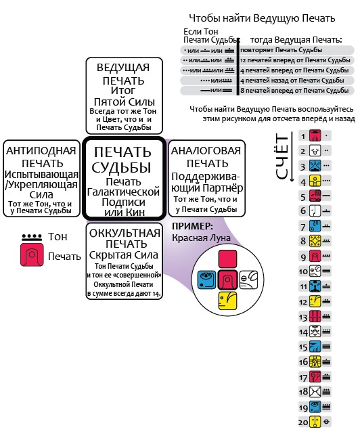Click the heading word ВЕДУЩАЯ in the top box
(123, 68)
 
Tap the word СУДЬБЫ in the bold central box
(122, 167)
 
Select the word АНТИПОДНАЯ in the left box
(41, 151)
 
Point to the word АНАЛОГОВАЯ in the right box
(206, 151)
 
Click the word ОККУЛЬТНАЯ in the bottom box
(125, 233)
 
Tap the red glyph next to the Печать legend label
(32, 255)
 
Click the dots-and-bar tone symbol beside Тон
(32, 238)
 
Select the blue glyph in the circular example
(206, 280)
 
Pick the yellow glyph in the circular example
(227, 301)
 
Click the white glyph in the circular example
(248, 280)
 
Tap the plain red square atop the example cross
(227, 259)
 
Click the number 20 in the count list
(303, 422)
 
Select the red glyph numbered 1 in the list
(315, 135)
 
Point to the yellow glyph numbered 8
(315, 241)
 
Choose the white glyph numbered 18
(315, 391)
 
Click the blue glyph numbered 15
(315, 347)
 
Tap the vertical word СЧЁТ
(282, 156)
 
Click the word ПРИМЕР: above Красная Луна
(192, 226)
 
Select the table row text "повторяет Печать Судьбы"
(281, 50)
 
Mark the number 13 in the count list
(303, 317)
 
